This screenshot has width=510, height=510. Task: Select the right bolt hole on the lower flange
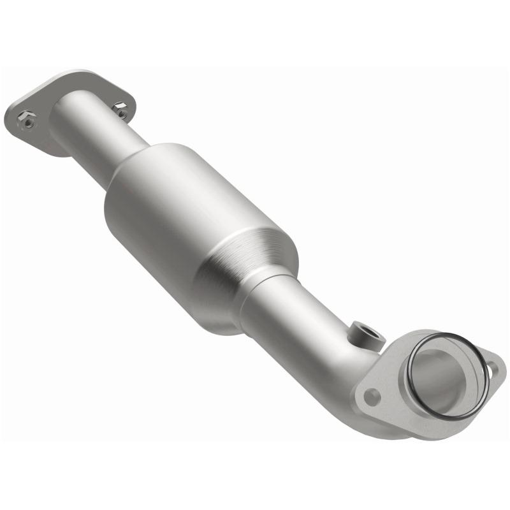click(492, 367)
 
